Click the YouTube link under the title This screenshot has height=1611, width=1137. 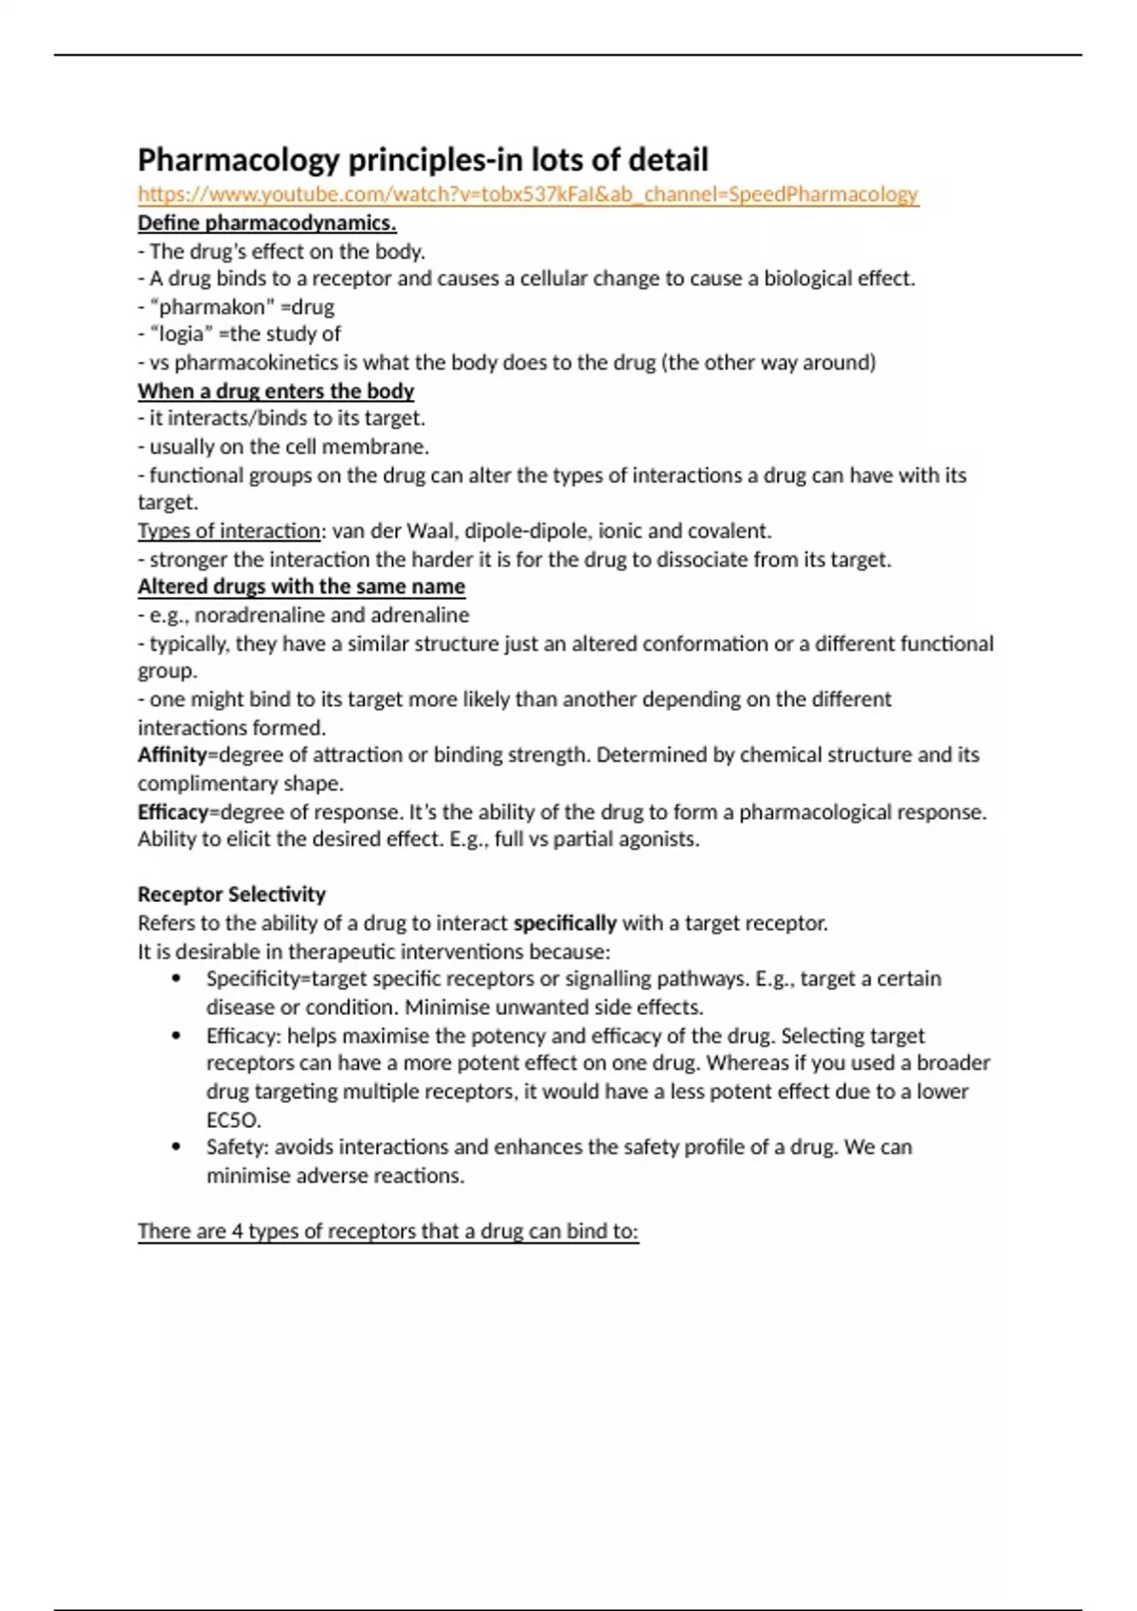point(528,194)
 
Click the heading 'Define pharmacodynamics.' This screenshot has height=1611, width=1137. point(266,223)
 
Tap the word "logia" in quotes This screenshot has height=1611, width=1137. point(181,335)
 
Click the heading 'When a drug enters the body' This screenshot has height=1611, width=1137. point(276,390)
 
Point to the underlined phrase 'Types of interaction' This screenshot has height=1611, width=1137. point(229,531)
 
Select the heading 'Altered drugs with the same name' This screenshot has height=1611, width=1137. point(301,587)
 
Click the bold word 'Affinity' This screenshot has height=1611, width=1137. point(172,755)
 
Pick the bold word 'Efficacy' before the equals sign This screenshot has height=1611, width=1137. point(172,812)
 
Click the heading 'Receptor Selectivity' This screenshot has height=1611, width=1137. point(231,895)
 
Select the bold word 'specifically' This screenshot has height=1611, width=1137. point(565,923)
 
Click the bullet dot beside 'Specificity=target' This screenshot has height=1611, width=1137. point(176,979)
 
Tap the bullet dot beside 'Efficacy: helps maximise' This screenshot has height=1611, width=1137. point(176,1036)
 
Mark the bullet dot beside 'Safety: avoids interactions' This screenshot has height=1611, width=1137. point(176,1147)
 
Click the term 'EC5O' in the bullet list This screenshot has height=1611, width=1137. point(232,1120)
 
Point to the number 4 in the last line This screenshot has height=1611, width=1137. point(237,1231)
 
